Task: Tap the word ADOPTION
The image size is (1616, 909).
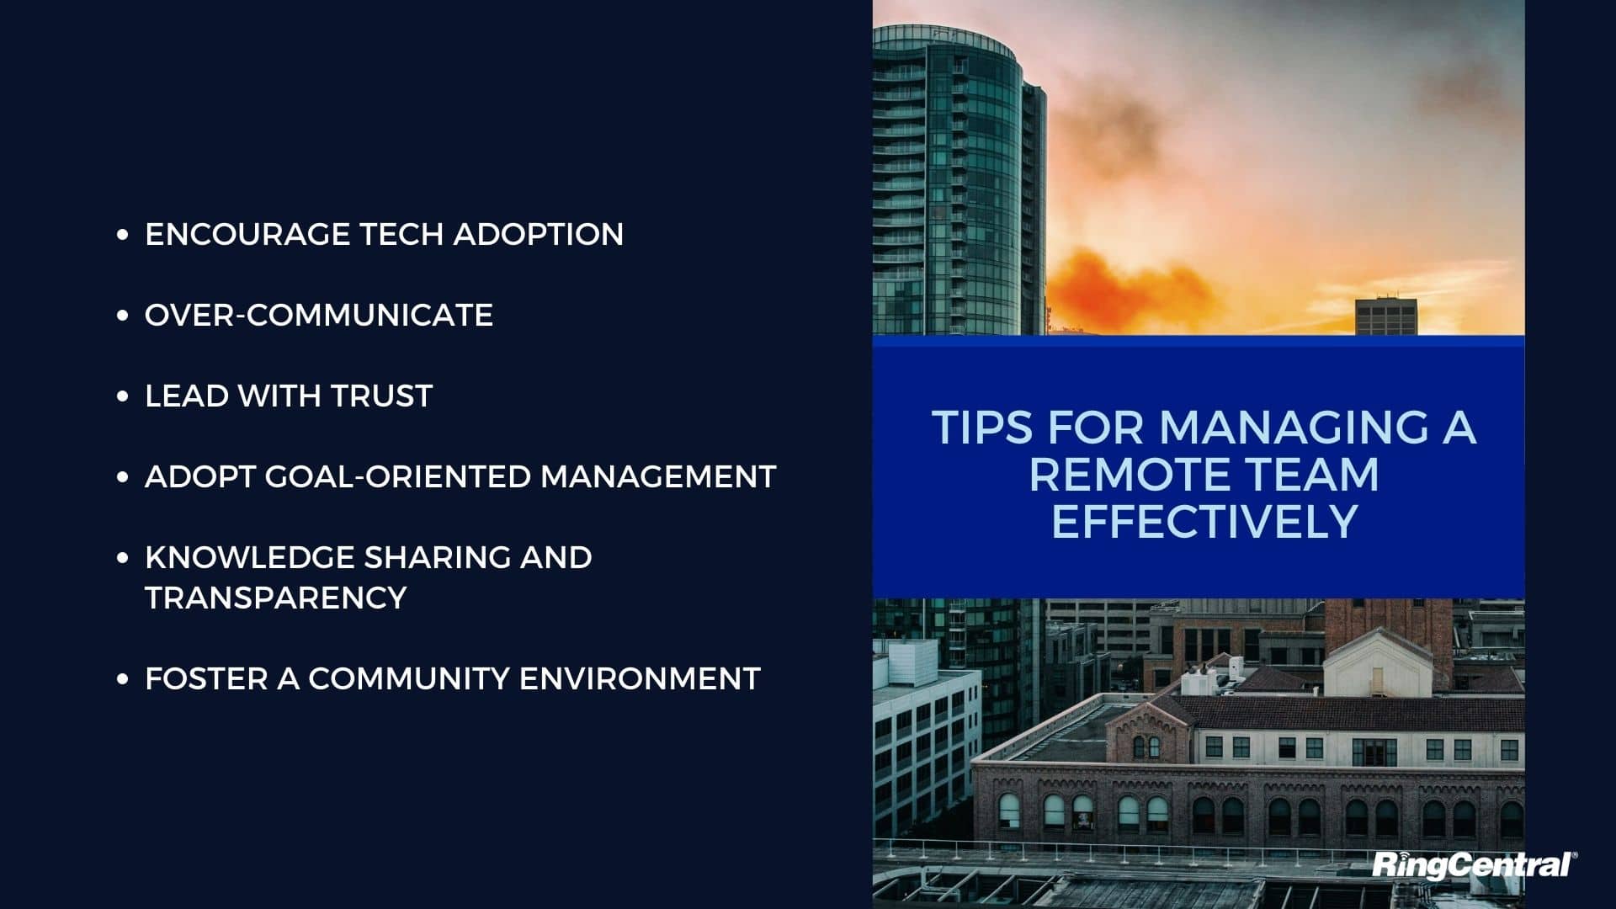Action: pyautogui.click(x=539, y=234)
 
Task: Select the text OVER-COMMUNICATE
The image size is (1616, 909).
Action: pyautogui.click(x=319, y=315)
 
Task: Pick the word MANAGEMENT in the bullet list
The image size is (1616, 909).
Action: pyautogui.click(x=658, y=476)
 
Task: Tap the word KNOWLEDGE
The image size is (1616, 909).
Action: pyautogui.click(x=250, y=557)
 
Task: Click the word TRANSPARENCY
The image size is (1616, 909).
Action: pyautogui.click(x=276, y=598)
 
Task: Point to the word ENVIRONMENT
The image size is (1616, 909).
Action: pyautogui.click(x=640, y=678)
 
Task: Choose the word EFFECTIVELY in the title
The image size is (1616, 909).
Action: pyautogui.click(x=1204, y=521)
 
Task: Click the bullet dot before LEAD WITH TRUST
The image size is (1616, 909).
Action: pyautogui.click(x=123, y=396)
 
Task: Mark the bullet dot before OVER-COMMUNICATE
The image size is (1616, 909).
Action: pyautogui.click(x=123, y=316)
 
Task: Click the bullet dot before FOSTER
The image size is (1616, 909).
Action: pyautogui.click(x=123, y=679)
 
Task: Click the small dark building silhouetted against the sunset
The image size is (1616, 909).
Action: pyautogui.click(x=1386, y=316)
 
